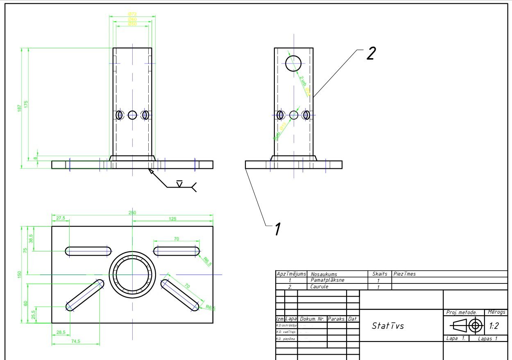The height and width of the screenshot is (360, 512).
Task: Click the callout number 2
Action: pyautogui.click(x=370, y=54)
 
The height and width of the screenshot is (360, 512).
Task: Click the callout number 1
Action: pyautogui.click(x=278, y=229)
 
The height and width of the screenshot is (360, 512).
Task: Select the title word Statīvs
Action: pyautogui.click(x=388, y=326)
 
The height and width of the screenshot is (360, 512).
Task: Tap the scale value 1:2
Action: pyautogui.click(x=494, y=326)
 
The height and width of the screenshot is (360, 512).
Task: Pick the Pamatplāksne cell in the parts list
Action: pyautogui.click(x=327, y=280)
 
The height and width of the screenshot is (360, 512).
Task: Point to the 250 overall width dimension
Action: pyautogui.click(x=132, y=213)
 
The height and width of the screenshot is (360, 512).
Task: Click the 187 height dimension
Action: pyautogui.click(x=19, y=108)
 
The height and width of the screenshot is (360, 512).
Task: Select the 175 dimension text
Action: pyautogui.click(x=26, y=104)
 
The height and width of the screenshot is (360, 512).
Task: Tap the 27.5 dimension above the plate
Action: pyautogui.click(x=61, y=218)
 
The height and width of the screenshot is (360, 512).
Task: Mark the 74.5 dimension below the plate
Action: pyautogui.click(x=75, y=341)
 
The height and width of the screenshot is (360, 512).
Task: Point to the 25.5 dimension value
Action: pyautogui.click(x=34, y=315)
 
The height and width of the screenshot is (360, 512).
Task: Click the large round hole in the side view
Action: pyautogui.click(x=293, y=63)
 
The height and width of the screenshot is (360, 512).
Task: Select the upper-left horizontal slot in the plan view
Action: pyautogui.click(x=88, y=251)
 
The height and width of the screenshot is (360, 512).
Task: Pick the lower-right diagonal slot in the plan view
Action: pyautogui.click(x=180, y=295)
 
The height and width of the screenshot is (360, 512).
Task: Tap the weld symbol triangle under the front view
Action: pyautogui.click(x=179, y=183)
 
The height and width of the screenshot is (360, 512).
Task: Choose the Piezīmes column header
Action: pyautogui.click(x=404, y=274)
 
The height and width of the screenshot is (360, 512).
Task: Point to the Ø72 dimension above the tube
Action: pyautogui.click(x=132, y=14)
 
